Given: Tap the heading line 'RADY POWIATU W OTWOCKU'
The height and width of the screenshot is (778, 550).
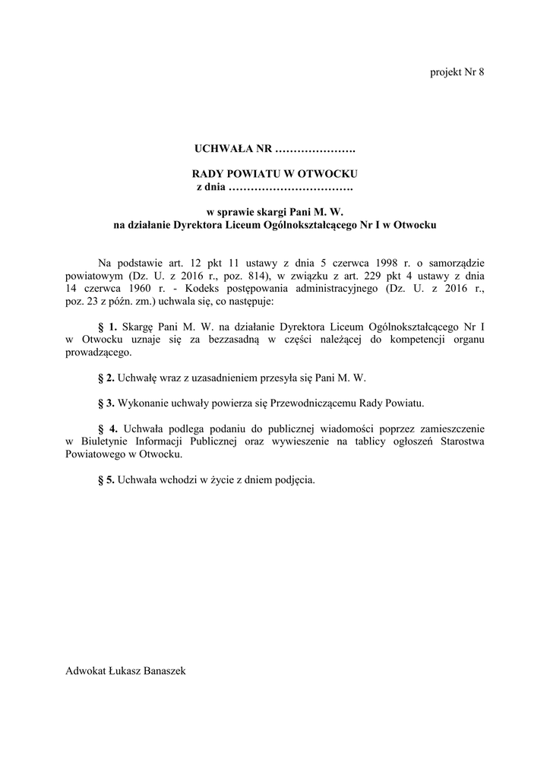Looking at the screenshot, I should (274, 174).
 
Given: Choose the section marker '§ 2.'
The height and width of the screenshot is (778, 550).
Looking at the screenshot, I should (106, 377).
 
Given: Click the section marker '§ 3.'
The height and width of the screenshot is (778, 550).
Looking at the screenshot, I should (106, 401).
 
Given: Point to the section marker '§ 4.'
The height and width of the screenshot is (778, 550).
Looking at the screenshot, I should (107, 428).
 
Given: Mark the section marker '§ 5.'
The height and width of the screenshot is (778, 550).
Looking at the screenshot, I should (106, 479).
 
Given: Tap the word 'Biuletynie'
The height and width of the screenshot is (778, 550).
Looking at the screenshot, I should (102, 441).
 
